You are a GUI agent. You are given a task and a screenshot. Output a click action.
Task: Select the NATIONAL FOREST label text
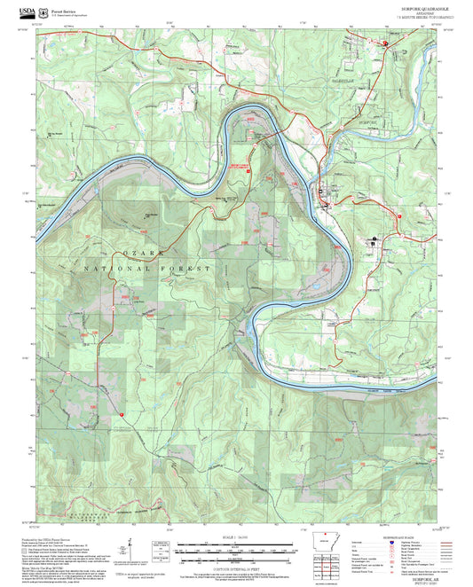(x=147, y=267)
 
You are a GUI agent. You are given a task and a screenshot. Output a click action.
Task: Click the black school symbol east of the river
(x=374, y=239)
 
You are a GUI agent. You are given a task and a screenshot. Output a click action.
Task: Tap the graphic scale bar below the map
(x=236, y=551)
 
